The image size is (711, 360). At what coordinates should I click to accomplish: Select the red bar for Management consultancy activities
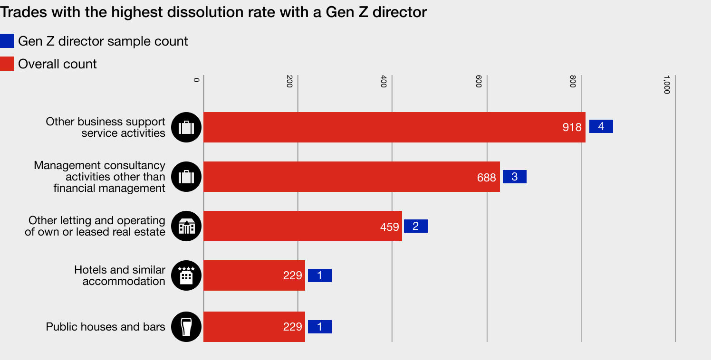click(333, 177)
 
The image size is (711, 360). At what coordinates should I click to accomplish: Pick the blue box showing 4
click(601, 126)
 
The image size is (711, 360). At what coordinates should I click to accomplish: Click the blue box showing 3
click(514, 177)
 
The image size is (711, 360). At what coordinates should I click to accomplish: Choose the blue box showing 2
click(415, 226)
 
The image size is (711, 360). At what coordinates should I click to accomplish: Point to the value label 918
click(572, 127)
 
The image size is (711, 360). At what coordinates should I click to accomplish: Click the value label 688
click(486, 178)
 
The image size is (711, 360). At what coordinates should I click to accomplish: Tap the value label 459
click(389, 227)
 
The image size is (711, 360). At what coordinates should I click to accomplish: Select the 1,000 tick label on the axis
click(666, 85)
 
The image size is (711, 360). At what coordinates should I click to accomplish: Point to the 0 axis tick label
click(196, 79)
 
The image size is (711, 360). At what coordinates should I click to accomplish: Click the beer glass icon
click(186, 327)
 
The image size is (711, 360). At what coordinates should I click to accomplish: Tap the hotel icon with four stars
click(186, 275)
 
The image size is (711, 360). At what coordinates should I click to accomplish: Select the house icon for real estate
click(186, 226)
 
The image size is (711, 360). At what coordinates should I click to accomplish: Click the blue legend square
click(7, 41)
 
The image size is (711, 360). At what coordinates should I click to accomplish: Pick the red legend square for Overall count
click(7, 64)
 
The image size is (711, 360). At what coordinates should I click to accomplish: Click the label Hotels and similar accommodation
click(120, 275)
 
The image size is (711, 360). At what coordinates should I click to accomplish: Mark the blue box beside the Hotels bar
click(319, 275)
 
